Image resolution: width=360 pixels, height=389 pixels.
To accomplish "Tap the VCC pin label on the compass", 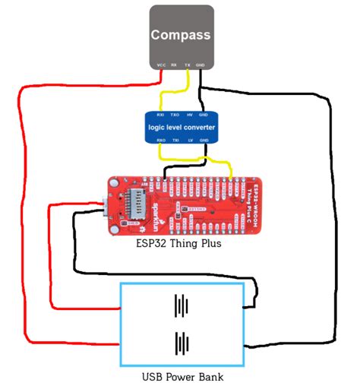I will click(161, 65).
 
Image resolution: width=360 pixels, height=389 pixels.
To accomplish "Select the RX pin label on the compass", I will click(174, 65).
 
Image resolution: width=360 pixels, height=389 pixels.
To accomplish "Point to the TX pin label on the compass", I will click(188, 65).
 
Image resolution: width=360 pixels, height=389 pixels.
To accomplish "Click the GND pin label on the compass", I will click(201, 65).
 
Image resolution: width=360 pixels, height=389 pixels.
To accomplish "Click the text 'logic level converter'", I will click(182, 128).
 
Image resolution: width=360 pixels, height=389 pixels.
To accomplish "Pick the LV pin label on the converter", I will click(188, 141).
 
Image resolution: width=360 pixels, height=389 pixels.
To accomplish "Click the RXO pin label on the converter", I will click(161, 141).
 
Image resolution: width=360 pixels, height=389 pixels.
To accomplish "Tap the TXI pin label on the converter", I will click(175, 141).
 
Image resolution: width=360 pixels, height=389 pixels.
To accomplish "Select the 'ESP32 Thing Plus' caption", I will click(180, 244).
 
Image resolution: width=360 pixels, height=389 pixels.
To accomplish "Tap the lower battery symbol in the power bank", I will click(181, 343).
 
